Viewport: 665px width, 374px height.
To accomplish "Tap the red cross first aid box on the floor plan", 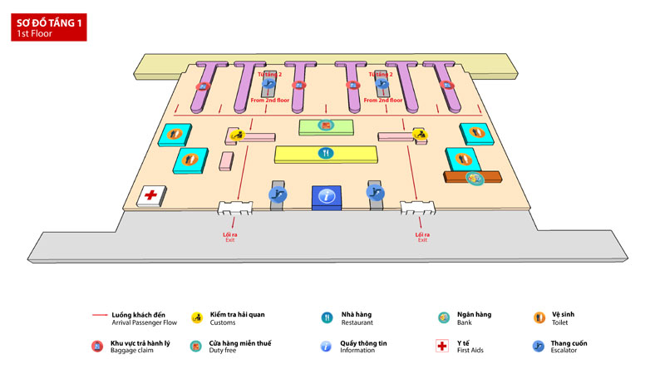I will click(x=150, y=195).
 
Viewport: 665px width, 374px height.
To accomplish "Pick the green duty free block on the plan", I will click(x=326, y=126).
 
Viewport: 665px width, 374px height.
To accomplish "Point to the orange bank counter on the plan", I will click(x=473, y=177).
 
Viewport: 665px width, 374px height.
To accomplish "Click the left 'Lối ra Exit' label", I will click(x=230, y=237).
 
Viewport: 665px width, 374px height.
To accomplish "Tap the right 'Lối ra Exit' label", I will click(x=421, y=237).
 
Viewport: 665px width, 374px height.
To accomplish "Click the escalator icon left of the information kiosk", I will click(x=277, y=194).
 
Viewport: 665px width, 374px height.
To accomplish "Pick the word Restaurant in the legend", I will click(x=357, y=322).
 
